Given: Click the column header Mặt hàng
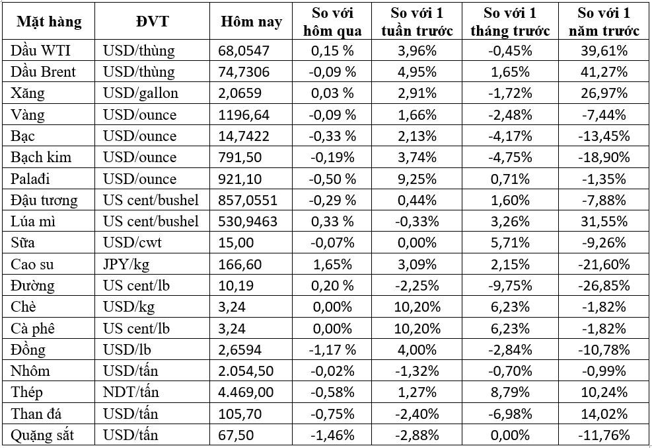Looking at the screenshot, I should coord(49,22).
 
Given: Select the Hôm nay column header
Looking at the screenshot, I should coord(251,22).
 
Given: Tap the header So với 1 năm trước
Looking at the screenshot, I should coord(603,22).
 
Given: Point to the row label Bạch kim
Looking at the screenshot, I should coord(41,157).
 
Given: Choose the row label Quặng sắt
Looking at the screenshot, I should coord(42,435).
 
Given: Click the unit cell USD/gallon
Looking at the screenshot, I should coord(140,93).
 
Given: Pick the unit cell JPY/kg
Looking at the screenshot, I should coord(125,265).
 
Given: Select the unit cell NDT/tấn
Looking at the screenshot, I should coord(133,392).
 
